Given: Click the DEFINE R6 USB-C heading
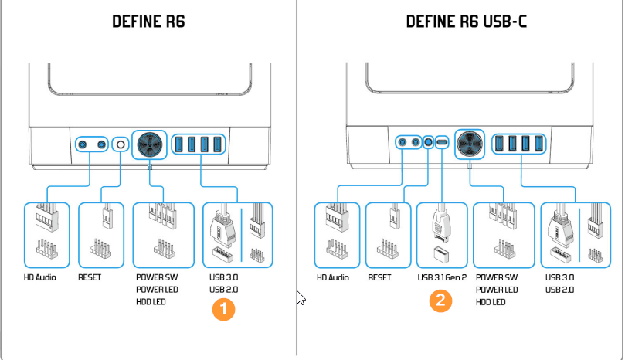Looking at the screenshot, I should (466, 21).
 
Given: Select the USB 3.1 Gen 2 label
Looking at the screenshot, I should (442, 277).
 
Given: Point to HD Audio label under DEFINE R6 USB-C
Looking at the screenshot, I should (334, 277).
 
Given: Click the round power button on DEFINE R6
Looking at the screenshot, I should (149, 143).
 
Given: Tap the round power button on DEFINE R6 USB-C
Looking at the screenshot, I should (469, 142).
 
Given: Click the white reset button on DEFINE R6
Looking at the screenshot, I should (119, 144).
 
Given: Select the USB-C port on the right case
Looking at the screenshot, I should (442, 142).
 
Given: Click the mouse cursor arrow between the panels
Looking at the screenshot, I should (301, 297).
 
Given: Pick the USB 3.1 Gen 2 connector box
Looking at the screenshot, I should (442, 235).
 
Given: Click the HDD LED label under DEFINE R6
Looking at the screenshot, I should (151, 301).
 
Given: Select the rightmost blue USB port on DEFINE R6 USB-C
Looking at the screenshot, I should (536, 143).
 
